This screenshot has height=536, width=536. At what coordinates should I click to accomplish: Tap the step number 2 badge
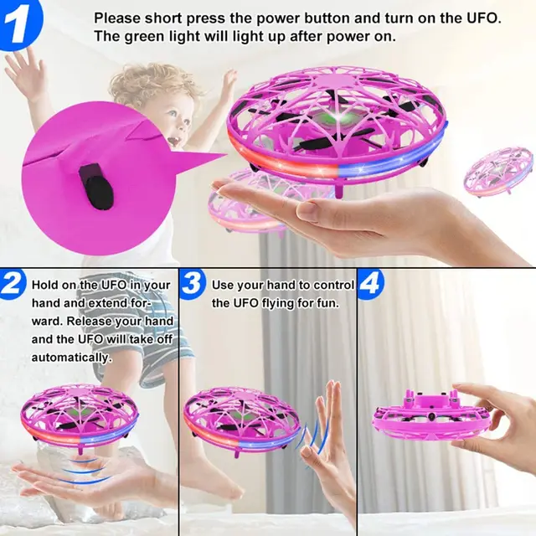coord(13,284)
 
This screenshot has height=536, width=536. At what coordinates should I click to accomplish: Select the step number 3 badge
coord(192,283)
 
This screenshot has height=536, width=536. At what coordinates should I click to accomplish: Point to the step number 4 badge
coord(371,283)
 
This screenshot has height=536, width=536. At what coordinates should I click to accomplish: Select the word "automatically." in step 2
coord(71,357)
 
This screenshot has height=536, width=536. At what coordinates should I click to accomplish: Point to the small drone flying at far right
coord(498,171)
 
